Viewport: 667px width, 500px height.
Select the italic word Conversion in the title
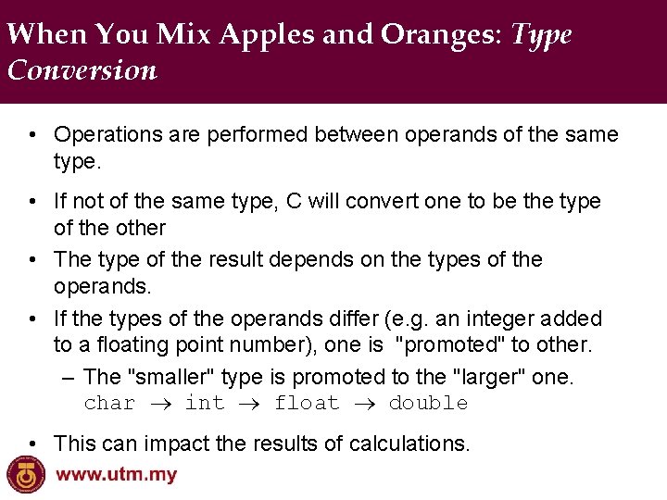point(82,70)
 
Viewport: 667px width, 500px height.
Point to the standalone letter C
point(288,201)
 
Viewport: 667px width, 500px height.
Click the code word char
point(109,403)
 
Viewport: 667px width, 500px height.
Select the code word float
point(306,403)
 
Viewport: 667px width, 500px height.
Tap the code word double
point(428,403)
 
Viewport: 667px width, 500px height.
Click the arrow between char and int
point(160,404)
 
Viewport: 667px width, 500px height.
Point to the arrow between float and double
point(364,404)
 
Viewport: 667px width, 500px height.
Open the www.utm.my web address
point(117,476)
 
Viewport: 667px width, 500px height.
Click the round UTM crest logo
point(26,475)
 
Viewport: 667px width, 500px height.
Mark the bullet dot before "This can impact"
point(32,444)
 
